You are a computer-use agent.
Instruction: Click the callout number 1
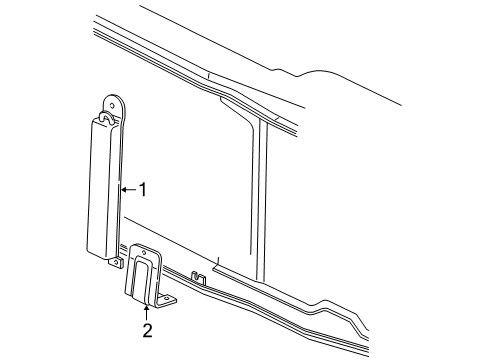(143, 188)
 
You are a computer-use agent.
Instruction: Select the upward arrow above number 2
(146, 309)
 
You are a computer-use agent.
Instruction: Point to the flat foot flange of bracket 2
(168, 300)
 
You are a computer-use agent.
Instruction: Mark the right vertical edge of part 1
(121, 190)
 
